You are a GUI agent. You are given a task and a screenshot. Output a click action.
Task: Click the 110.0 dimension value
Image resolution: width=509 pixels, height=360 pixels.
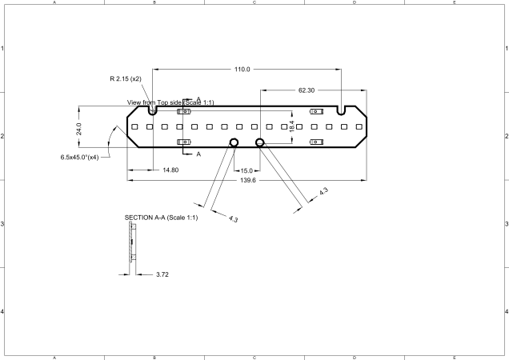[x=242, y=70]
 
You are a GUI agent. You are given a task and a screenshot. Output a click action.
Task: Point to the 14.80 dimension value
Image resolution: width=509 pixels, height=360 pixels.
[x=170, y=170]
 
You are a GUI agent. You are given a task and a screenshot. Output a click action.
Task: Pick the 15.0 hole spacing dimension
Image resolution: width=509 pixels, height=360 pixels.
[x=246, y=170]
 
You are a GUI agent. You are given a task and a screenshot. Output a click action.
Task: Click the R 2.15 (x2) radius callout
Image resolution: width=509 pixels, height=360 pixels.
[x=126, y=79]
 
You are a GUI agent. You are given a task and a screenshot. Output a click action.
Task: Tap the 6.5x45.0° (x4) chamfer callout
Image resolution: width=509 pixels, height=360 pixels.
[x=79, y=157]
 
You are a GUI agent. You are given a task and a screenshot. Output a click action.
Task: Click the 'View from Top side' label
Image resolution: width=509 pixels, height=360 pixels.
[x=170, y=102]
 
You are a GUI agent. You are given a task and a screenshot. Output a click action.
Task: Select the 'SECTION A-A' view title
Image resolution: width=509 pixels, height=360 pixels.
[x=161, y=218]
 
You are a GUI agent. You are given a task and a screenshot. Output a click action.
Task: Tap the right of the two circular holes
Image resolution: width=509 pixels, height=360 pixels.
[x=260, y=142]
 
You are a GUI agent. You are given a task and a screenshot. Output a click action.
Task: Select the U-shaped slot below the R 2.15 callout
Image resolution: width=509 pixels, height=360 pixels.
[x=153, y=109]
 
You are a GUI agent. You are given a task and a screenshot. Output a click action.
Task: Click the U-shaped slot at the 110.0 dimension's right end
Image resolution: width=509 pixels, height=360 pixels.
[x=342, y=109]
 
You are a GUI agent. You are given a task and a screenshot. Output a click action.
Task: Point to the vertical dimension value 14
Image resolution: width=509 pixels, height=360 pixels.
[x=292, y=126]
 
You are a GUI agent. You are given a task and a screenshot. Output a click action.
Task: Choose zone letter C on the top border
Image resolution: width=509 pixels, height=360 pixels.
[x=254, y=3]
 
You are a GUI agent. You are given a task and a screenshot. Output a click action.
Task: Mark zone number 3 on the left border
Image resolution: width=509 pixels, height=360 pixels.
[x=3, y=223]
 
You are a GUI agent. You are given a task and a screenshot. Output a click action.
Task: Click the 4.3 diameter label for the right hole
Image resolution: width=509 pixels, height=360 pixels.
[x=323, y=193]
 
